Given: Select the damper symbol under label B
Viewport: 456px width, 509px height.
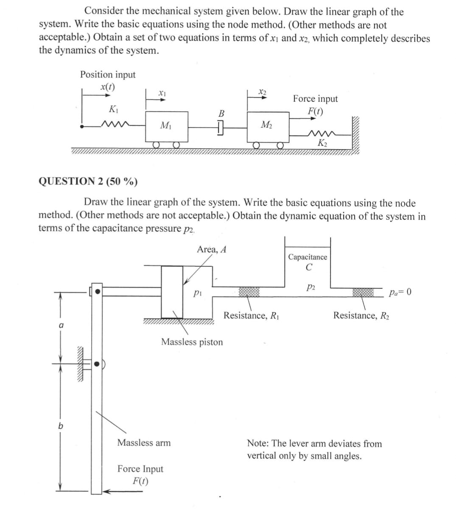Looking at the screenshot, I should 220,126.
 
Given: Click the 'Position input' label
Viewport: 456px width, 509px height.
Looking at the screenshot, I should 108,75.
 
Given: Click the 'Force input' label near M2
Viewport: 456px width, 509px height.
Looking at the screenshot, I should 316,99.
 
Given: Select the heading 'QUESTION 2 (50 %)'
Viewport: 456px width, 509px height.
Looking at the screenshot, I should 88,182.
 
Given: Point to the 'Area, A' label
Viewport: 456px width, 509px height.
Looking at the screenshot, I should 211,249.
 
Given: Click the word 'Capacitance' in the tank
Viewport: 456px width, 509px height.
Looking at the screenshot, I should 308,257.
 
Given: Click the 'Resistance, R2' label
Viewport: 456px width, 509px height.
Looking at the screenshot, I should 361,316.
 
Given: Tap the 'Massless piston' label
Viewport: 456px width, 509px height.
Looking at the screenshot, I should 192,342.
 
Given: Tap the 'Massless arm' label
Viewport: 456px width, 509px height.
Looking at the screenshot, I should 144,443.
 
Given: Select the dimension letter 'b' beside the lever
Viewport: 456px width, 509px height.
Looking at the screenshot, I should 60,426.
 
